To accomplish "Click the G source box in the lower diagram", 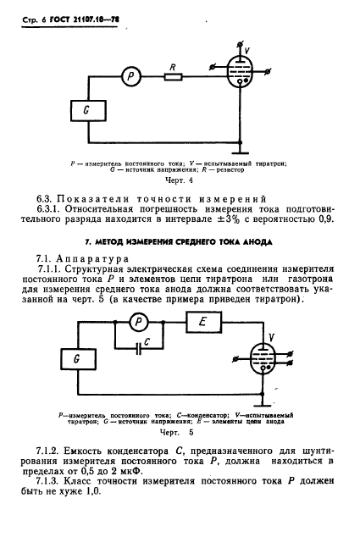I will click(78, 359).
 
